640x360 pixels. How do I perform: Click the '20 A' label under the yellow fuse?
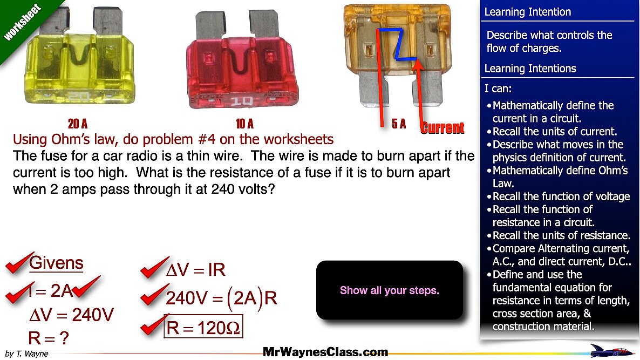pyautogui.click(x=78, y=123)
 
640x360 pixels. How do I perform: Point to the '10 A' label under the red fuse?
pyautogui.click(x=245, y=123)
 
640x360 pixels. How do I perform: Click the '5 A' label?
pyautogui.click(x=399, y=124)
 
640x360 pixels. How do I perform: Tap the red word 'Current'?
pyautogui.click(x=443, y=128)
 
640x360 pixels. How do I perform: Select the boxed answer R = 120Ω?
pyautogui.click(x=203, y=327)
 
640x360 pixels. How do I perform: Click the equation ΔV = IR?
pyautogui.click(x=196, y=270)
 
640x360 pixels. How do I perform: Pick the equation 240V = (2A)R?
pyautogui.click(x=222, y=298)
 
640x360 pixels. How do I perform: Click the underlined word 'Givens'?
pyautogui.click(x=56, y=263)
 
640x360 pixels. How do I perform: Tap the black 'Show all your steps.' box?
pyautogui.click(x=390, y=290)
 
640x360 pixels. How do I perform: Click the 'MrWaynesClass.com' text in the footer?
pyautogui.click(x=325, y=352)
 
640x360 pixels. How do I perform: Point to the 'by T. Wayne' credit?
pyautogui.click(x=27, y=354)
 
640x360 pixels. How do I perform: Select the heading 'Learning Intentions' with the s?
pyautogui.click(x=530, y=69)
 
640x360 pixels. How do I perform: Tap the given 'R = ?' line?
pyautogui.click(x=49, y=338)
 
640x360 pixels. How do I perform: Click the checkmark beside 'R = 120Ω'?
pyautogui.click(x=154, y=325)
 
